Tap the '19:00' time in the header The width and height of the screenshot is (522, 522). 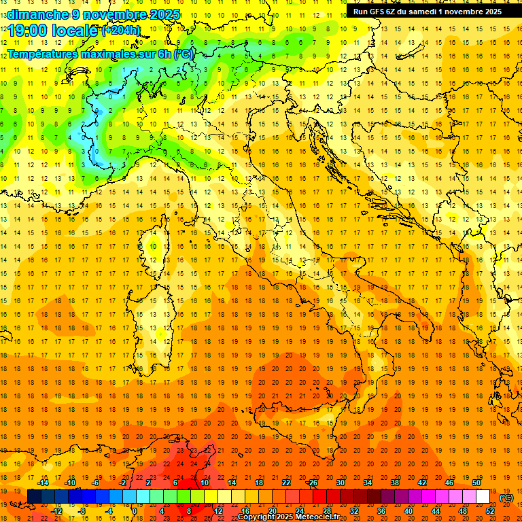coord(28,31)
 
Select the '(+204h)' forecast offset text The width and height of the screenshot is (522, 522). coord(121,31)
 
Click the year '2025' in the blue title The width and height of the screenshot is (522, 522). coord(163,14)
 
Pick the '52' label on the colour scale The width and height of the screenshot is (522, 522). coord(490,510)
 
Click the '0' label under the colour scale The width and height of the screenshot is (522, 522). coord(135,510)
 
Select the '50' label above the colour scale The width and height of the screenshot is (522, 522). coord(476,483)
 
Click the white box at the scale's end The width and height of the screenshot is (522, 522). coord(483,496)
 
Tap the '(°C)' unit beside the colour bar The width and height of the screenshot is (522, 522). coord(506,498)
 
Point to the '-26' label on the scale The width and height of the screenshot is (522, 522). coord(312,483)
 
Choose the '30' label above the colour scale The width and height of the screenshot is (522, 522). coord(341,483)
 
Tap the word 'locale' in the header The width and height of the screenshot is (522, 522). coord(75,31)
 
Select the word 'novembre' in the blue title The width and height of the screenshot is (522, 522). coord(114,14)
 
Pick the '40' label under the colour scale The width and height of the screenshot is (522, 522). coord(408,510)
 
